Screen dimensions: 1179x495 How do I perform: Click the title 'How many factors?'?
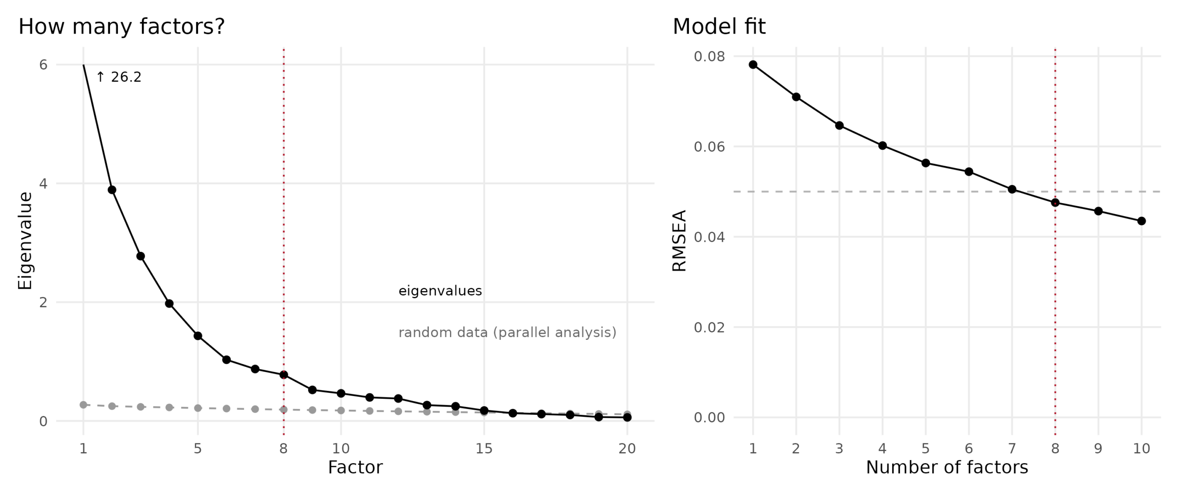point(122,27)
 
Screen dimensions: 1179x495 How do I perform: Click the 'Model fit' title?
point(719,27)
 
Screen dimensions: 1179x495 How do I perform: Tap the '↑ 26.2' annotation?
point(119,77)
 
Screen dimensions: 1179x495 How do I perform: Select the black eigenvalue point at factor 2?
point(112,190)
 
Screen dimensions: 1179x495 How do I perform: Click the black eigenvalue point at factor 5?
point(198,336)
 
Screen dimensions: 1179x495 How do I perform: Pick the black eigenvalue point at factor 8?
point(284,375)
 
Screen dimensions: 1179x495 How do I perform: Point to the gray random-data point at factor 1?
point(83,405)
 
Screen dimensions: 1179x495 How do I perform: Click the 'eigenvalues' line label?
point(440,291)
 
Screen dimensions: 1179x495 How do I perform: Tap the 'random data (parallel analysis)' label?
point(508,332)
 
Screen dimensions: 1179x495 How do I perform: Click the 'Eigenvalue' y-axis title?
point(25,241)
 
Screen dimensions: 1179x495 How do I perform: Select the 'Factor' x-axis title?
point(355,467)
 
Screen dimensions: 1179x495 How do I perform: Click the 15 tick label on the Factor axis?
point(484,448)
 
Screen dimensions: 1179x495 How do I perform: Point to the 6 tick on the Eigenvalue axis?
point(43,64)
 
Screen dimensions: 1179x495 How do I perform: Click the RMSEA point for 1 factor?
point(753,64)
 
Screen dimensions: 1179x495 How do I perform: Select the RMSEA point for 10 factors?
point(1142,221)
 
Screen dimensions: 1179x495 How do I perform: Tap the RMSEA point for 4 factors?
point(882,146)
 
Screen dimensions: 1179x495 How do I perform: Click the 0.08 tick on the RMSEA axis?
point(709,56)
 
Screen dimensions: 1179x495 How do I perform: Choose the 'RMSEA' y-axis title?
point(680,241)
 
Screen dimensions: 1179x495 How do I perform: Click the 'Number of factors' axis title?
point(947,467)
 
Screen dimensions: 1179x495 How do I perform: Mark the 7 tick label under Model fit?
point(1012,448)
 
